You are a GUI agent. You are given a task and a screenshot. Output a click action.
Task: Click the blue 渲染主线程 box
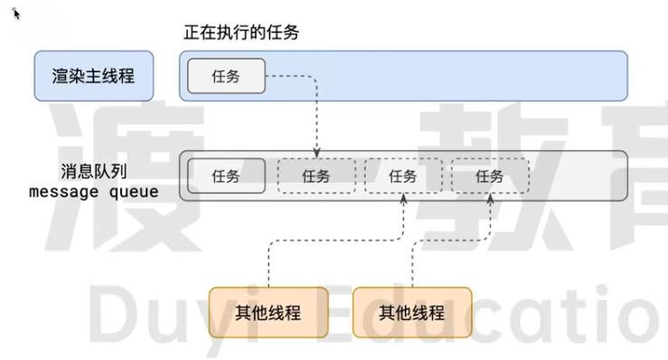93,75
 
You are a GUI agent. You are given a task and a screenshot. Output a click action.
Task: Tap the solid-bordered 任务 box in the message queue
226,176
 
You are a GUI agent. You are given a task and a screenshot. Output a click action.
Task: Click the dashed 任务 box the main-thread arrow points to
315,176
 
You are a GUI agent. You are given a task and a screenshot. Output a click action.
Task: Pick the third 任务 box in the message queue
403,176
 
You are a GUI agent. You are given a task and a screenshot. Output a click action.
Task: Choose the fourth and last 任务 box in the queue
490,176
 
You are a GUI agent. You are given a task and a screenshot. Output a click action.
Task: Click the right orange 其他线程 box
412,313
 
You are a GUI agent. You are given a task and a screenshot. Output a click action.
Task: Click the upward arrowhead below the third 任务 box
403,198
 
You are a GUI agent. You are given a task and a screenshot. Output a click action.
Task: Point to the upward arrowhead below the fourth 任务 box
490,198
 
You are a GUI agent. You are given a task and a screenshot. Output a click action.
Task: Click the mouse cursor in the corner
16,14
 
